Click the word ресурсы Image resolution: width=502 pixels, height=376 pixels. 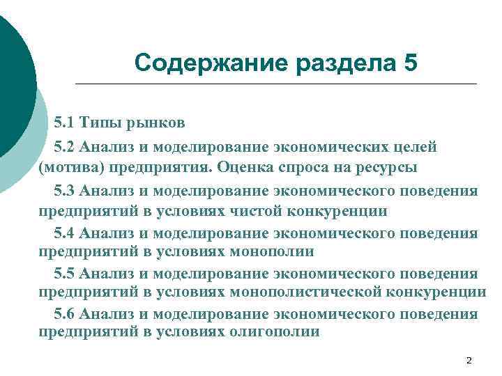[x=382, y=168]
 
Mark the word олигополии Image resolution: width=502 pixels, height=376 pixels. [x=275, y=332]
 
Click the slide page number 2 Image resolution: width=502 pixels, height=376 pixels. [x=469, y=360]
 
